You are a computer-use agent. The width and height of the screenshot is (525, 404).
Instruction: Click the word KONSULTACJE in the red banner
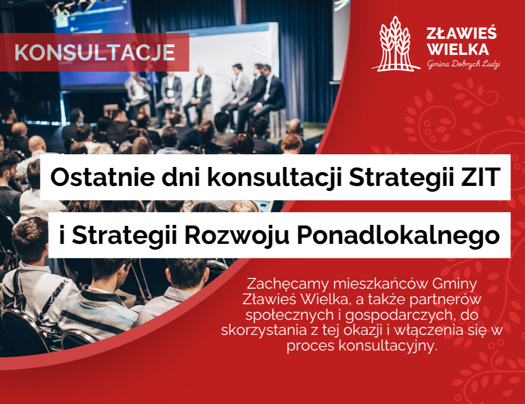[x=95, y=53]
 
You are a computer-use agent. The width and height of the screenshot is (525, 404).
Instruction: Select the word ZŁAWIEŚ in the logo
[x=461, y=34]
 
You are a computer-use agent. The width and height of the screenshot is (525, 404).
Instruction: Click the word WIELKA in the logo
[x=458, y=49]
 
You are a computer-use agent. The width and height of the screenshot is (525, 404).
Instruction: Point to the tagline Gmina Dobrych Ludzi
[x=463, y=64]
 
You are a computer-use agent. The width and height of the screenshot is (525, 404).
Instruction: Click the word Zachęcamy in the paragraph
[x=288, y=284]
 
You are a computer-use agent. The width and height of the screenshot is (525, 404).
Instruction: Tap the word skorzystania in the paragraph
[x=264, y=331]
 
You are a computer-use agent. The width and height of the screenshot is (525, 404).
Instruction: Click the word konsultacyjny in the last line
[x=388, y=346]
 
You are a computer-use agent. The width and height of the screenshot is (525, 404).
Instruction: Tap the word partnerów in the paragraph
[x=445, y=300]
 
